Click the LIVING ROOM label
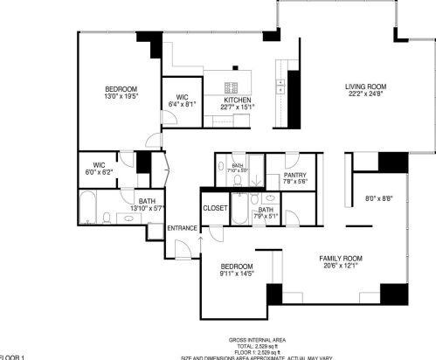(365, 87)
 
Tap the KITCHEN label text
(238, 100)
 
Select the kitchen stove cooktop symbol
(233, 87)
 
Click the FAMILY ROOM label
(341, 259)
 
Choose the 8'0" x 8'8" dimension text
(378, 199)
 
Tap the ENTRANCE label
(183, 228)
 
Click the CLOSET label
(215, 208)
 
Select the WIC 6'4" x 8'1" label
(183, 100)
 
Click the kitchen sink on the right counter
(281, 86)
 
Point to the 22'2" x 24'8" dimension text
(365, 94)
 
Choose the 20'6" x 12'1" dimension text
(341, 267)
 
